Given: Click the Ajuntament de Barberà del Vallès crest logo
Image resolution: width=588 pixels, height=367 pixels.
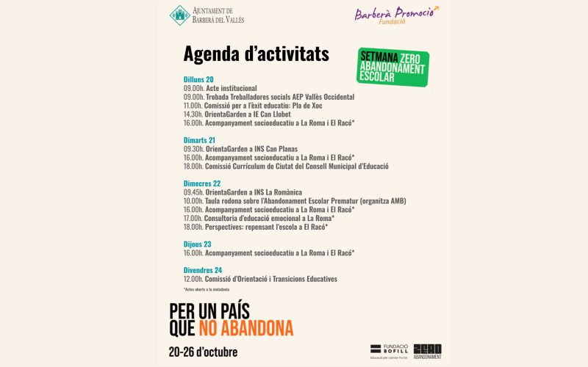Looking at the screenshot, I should point(179,15).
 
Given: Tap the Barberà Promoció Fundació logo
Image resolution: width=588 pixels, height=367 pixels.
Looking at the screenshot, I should point(396,15).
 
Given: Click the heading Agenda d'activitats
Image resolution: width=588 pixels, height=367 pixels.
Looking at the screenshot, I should point(256,54).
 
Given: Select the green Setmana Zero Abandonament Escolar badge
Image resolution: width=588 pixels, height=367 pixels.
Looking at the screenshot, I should point(392,67).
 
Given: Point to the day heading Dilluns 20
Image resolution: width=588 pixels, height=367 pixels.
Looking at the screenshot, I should point(198,79).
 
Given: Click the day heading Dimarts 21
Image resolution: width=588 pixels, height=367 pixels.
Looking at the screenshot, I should point(199,140).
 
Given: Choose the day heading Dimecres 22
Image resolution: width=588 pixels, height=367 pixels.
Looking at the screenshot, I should point(202,183).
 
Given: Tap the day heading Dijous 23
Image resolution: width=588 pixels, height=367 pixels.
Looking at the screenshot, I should point(197,244).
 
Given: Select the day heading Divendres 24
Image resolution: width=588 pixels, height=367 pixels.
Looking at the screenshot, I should point(203,270).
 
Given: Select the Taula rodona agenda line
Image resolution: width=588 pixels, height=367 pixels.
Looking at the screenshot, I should point(294,201).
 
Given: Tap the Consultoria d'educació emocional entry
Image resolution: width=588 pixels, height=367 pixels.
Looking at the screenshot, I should point(259,218).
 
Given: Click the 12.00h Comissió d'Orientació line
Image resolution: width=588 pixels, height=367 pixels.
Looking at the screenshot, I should point(260,279).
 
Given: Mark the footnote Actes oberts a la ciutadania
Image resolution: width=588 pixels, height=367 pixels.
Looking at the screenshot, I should point(207,290).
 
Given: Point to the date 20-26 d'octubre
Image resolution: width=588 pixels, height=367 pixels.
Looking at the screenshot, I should point(203,352).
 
